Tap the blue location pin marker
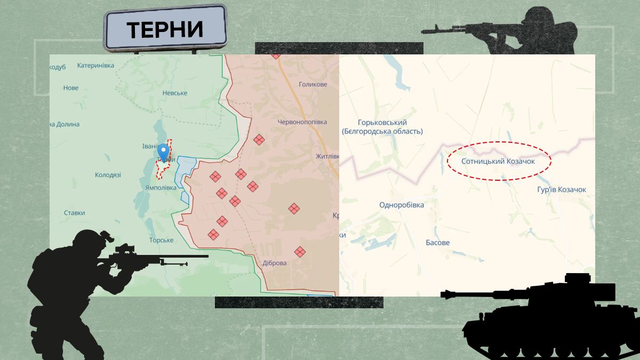pyautogui.click(x=165, y=154)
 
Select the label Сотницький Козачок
pyautogui.click(x=498, y=161)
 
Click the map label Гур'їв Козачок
pyautogui.click(x=562, y=190)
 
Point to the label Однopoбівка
pyautogui.click(x=402, y=205)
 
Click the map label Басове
pyautogui.click(x=437, y=243)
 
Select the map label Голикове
pyautogui.click(x=313, y=84)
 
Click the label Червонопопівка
pyautogui.click(x=302, y=122)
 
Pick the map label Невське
pyautogui.click(x=175, y=93)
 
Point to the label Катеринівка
pyautogui.click(x=95, y=66)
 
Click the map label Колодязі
pyautogui.click(x=108, y=175)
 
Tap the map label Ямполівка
pyautogui.click(x=161, y=188)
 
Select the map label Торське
pyautogui.click(x=161, y=241)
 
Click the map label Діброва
pyautogui.click(x=275, y=263)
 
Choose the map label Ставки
pyautogui.click(x=75, y=213)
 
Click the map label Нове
pyautogui.click(x=71, y=88)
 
